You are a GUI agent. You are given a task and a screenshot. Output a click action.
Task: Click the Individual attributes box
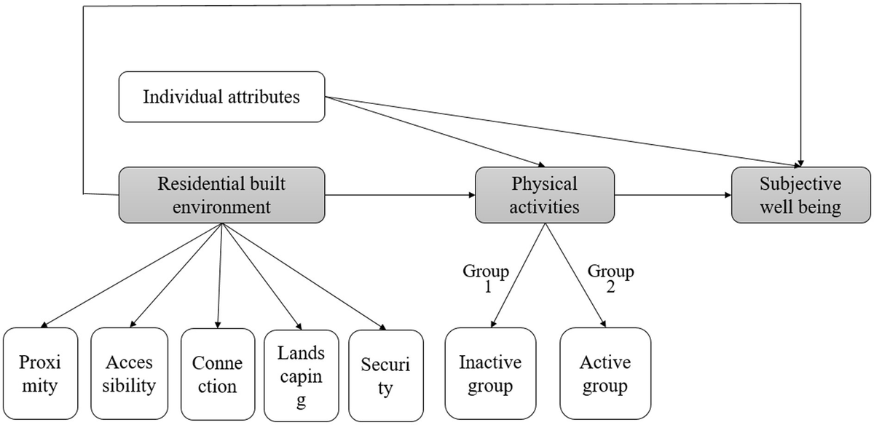pos(221,96)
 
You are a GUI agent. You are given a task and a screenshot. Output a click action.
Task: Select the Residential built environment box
pos(221,194)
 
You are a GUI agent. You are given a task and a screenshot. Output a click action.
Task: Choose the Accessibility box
pos(130,374)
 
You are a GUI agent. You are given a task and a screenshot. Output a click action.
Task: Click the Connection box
pos(218,374)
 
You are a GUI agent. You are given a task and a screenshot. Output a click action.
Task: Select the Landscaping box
pos(300,374)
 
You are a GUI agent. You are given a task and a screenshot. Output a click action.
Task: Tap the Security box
pos(385,374)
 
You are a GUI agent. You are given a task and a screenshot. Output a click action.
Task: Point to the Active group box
pos(605,374)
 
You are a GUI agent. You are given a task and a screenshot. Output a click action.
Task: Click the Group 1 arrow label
pos(486,279)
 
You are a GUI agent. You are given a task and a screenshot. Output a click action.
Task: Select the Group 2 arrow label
pos(610,279)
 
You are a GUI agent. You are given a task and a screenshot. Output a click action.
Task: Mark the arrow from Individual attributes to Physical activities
pos(437,131)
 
